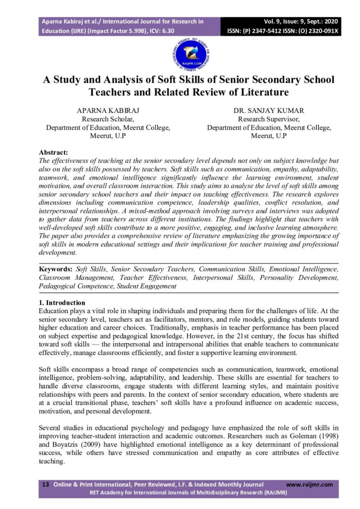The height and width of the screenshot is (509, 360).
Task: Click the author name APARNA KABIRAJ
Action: pos(108,111)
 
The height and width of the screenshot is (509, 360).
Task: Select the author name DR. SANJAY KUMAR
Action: pos(269,111)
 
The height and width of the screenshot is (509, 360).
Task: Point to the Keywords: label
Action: pos(56,269)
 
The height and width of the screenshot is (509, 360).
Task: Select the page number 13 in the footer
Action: pos(45,484)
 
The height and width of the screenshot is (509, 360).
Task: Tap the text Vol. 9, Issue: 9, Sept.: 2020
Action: pos(302,22)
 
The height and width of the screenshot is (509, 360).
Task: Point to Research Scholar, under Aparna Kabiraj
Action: pos(108,119)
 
